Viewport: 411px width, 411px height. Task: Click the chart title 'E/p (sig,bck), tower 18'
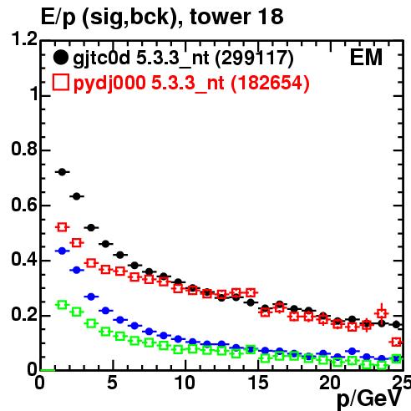162,17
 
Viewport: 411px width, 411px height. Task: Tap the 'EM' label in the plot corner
366,58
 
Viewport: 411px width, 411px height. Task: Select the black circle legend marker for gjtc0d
60,58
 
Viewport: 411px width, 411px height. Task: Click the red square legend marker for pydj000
60,83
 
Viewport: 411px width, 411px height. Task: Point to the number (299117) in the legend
255,58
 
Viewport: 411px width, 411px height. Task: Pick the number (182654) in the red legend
270,83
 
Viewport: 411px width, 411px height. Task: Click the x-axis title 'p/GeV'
369,398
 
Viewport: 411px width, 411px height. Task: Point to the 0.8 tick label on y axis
24,149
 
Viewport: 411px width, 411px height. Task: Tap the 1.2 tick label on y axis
24,38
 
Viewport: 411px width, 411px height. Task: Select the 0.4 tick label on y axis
24,259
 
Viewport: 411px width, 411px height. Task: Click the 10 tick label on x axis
185,383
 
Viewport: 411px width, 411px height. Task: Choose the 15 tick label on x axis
258,383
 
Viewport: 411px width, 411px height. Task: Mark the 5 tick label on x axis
112,383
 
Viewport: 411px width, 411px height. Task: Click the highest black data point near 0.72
62,172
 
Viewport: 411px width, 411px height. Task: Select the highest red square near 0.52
62,227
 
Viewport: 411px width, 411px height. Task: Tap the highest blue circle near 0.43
62,251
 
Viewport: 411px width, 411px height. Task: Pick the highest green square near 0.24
62,305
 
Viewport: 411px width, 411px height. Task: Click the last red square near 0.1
397,342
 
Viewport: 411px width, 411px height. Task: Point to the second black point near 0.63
77,196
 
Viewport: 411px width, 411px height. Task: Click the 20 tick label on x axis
330,383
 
